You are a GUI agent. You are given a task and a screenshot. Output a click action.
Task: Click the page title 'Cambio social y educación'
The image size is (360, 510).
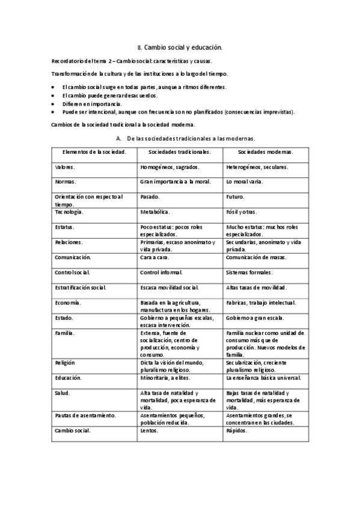[x=180, y=46]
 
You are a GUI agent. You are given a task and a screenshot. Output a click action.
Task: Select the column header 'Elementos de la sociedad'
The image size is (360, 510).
[x=90, y=152]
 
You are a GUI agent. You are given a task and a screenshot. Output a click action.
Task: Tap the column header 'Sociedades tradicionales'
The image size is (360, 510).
[x=179, y=152]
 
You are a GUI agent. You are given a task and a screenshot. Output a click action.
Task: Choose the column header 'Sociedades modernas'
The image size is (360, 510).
[x=265, y=152]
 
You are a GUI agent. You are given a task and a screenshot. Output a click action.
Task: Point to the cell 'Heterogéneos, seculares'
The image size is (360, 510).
[x=257, y=167]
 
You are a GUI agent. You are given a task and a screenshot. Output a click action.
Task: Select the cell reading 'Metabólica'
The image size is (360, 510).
[x=154, y=212]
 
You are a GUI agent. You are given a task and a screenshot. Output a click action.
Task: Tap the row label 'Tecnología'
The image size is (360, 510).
[x=69, y=212]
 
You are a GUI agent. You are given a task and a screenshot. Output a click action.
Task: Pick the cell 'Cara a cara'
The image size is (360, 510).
[x=154, y=257]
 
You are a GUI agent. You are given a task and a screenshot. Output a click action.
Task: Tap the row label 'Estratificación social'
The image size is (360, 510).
[x=80, y=287]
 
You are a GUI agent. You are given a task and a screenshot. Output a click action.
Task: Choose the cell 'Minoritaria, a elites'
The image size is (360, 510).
[x=166, y=378]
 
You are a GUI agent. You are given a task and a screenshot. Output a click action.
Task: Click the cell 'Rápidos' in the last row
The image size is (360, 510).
[x=236, y=431]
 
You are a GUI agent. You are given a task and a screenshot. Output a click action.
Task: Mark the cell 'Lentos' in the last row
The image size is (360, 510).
[x=149, y=431]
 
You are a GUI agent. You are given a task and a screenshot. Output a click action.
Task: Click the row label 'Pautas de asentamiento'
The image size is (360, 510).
[x=85, y=416]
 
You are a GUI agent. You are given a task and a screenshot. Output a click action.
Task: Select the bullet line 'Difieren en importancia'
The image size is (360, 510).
[x=88, y=103]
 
